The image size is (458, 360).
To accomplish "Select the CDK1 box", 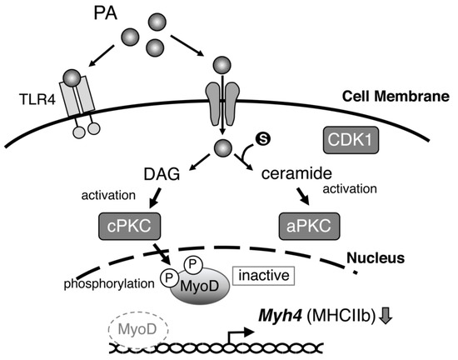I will click(349, 141).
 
